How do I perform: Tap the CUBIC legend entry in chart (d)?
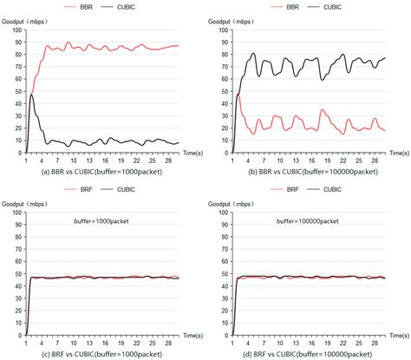click(x=334, y=187)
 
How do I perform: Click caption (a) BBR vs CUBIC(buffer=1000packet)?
click(x=102, y=172)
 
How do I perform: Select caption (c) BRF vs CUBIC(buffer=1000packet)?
click(x=102, y=353)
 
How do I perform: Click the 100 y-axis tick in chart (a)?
click(x=16, y=29)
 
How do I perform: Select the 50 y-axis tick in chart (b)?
click(x=224, y=91)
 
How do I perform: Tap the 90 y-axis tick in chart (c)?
click(x=17, y=224)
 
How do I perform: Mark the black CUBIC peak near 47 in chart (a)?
click(x=32, y=95)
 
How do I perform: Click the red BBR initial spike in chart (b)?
click(x=238, y=94)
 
